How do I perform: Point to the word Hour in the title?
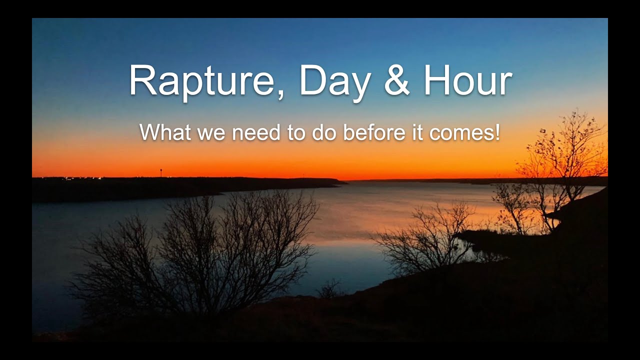tap(467, 81)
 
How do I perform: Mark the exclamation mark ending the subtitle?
tap(497, 132)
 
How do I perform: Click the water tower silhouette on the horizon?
tap(160, 172)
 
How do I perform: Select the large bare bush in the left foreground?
tap(200, 250)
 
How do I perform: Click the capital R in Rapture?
tap(141, 81)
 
